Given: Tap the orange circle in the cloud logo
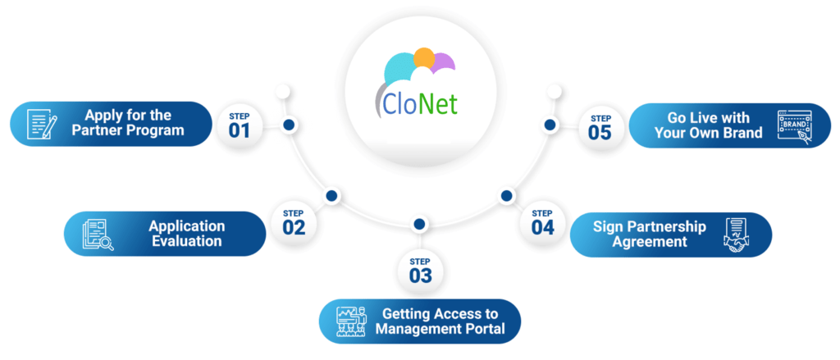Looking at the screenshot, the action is [x=424, y=57].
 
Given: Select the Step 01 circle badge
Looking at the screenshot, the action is [x=240, y=125].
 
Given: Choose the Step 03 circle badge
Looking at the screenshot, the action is [x=420, y=270].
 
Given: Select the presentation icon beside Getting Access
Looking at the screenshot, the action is [x=350, y=321].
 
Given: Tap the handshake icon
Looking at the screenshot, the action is [x=737, y=235].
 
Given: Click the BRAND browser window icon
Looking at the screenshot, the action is [x=795, y=127].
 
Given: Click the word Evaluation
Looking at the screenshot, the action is [x=186, y=241].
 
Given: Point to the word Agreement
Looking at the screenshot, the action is [x=650, y=242].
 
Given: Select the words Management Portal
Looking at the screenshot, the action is [x=440, y=328].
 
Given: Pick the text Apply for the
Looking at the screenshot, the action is [x=128, y=116].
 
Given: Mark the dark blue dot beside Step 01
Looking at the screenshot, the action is [x=290, y=125].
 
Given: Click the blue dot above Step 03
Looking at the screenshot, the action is [x=419, y=223].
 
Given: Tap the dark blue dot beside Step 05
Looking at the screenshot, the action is [x=550, y=125].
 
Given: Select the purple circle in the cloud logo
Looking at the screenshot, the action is [x=444, y=62].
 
